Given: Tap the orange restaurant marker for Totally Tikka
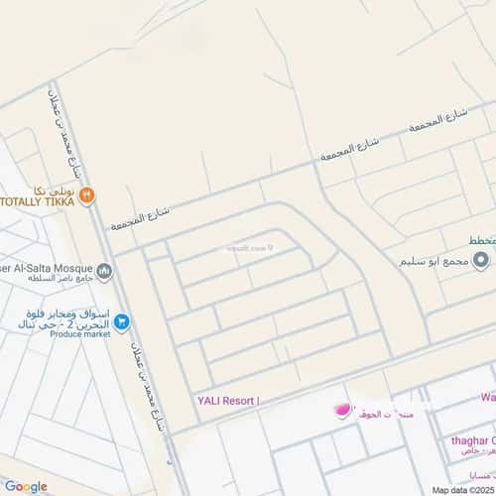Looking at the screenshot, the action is pos(88,194).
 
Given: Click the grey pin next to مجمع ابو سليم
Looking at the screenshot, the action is pos(481,261).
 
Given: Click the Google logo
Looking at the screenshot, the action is pos(26,485).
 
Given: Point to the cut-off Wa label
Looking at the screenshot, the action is pos(487,398).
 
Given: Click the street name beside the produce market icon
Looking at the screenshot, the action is pos(139,347).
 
